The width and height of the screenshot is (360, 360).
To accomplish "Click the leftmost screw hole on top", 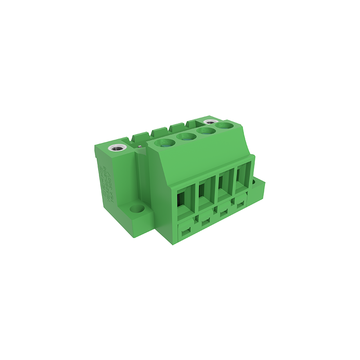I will point(165,144).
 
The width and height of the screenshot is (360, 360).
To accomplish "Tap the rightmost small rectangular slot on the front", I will point(241,205).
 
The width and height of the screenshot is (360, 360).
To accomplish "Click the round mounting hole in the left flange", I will point(135,210).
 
